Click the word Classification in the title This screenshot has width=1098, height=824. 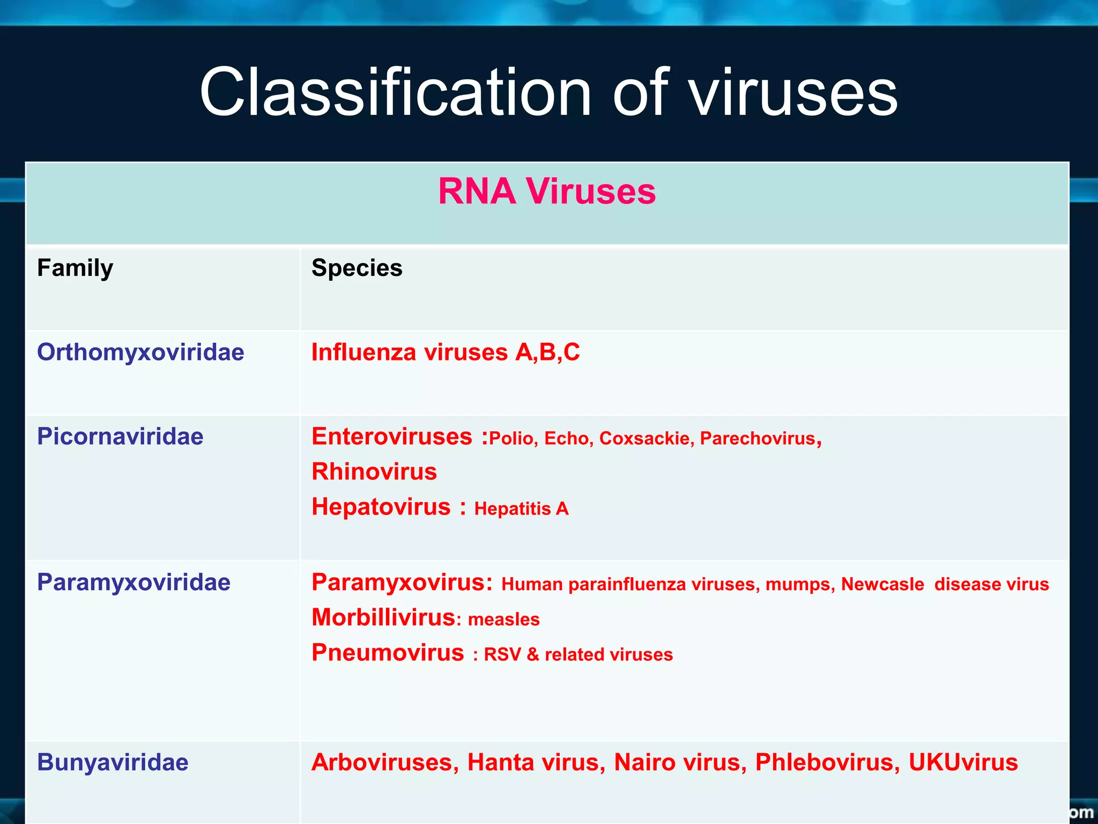point(395,92)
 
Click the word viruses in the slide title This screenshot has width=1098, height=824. point(793,92)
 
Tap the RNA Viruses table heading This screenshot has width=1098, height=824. point(547,192)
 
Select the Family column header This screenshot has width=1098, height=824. point(75,268)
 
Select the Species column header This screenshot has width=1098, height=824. point(357,268)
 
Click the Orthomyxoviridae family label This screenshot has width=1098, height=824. point(140,352)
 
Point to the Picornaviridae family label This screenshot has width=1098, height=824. point(120,437)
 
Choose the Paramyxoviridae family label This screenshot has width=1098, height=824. point(133,583)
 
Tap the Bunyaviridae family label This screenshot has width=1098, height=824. point(113,762)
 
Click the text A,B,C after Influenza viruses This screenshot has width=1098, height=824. point(547,352)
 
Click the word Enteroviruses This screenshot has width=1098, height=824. point(392,437)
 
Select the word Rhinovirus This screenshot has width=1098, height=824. point(374,472)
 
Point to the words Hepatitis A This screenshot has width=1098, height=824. point(521,509)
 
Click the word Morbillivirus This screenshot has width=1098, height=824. point(383,617)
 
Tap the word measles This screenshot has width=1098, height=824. point(503,620)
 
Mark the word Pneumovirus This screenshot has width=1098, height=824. point(388,653)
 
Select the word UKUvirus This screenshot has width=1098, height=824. point(963,762)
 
